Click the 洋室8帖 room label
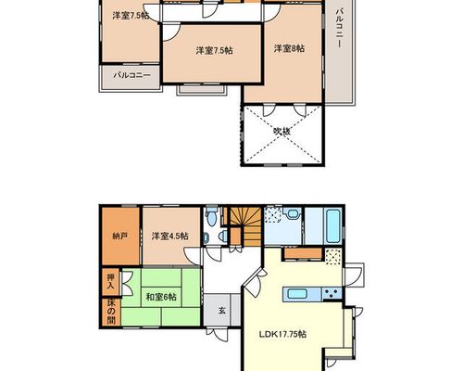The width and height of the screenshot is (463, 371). click(x=289, y=48)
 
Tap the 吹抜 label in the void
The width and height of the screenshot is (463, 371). click(x=282, y=132)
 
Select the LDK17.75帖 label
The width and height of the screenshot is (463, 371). click(x=282, y=334)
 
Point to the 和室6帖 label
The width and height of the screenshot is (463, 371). click(x=161, y=297)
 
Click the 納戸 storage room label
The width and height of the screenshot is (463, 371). click(x=120, y=237)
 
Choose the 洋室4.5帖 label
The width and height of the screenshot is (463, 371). click(x=169, y=237)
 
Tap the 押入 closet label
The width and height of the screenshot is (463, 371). click(x=110, y=281)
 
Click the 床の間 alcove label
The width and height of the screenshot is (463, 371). click(x=111, y=312)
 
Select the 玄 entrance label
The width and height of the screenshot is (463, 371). click(x=222, y=310)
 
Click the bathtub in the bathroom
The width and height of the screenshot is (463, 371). click(x=333, y=226)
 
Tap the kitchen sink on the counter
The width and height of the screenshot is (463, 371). click(x=298, y=293)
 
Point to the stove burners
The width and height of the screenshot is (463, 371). click(x=332, y=293)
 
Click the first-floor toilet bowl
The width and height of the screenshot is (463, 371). click(x=211, y=217)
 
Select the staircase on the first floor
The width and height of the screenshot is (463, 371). click(x=246, y=226)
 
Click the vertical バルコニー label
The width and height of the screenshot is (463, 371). click(x=340, y=28)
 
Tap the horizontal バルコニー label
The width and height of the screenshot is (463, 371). click(x=131, y=75)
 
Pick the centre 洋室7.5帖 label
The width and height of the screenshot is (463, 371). click(x=214, y=50)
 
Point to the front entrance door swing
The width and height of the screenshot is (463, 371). click(x=218, y=334)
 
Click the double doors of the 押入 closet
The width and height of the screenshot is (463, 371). click(x=127, y=283)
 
